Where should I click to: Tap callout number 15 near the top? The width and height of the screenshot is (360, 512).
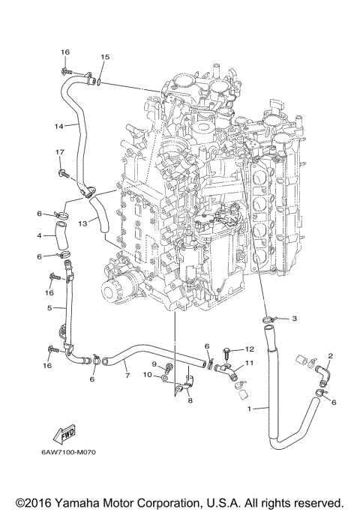coord(104,57)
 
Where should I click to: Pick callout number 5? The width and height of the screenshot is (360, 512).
coord(49,308)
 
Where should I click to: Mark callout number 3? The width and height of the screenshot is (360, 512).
coord(295,319)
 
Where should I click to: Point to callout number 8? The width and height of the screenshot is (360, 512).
coord(190,401)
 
